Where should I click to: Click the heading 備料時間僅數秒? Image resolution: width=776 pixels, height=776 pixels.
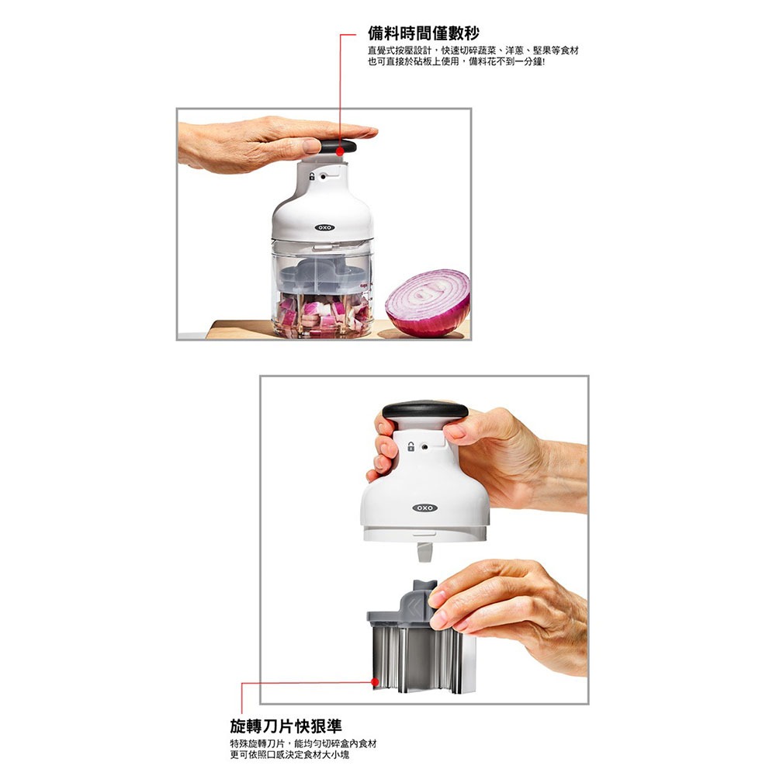click(423, 33)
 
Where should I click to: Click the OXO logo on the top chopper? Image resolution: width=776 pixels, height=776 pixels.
click(324, 227)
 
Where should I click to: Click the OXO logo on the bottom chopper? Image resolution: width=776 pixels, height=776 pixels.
click(424, 508)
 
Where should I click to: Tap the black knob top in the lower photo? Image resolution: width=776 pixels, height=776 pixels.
click(424, 409)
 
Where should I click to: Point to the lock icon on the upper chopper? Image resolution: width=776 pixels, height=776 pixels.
click(312, 177)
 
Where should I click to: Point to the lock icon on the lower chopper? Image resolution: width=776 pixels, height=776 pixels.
click(411, 447)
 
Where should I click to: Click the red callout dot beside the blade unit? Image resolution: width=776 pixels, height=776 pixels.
click(375, 682)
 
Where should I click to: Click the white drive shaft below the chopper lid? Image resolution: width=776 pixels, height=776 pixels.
click(423, 552)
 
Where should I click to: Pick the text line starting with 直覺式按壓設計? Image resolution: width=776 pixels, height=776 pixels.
click(473, 50)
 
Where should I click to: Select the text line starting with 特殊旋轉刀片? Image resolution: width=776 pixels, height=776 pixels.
click(303, 743)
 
